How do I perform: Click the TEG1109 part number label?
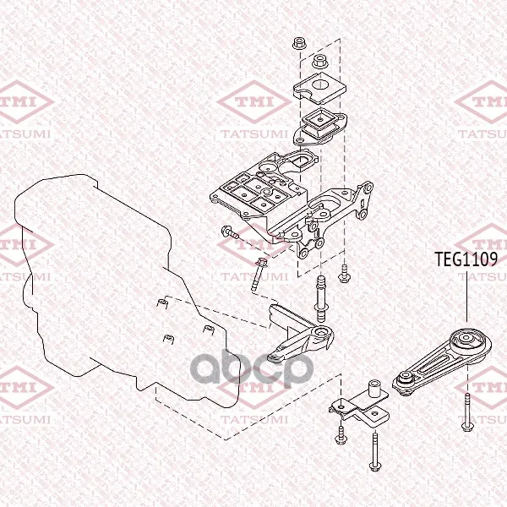pyautogui.click(x=466, y=259)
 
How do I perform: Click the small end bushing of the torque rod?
pyautogui.click(x=406, y=378)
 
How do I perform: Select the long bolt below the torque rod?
pyautogui.click(x=466, y=412)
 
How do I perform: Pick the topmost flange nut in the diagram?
pyautogui.click(x=299, y=44)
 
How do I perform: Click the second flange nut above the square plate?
pyautogui.click(x=320, y=62)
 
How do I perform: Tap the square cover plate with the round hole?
pyautogui.click(x=319, y=88)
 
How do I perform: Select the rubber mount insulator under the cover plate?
pyautogui.click(x=319, y=127)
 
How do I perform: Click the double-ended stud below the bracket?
pyautogui.click(x=320, y=298)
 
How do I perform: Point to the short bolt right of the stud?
pyautogui.click(x=344, y=273)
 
